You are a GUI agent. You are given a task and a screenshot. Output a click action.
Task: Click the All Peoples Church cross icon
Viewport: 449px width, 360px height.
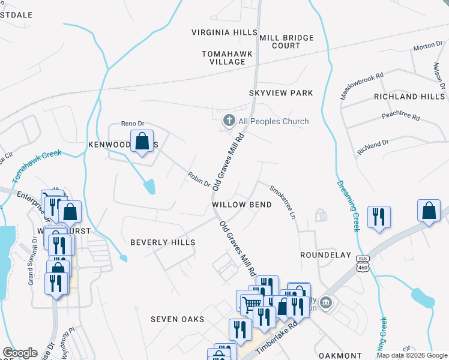click(x=228, y=121)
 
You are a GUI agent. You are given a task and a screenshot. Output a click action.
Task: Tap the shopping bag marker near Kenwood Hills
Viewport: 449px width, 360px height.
click(x=142, y=142)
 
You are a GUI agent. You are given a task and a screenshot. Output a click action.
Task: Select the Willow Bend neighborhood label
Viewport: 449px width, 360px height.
click(x=242, y=205)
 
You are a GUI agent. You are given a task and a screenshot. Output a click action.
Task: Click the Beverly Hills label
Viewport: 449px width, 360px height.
click(x=163, y=242)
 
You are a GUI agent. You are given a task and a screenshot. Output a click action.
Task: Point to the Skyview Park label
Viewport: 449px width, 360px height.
click(x=282, y=93)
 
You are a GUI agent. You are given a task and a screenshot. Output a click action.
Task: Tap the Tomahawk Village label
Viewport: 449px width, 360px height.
click(x=227, y=58)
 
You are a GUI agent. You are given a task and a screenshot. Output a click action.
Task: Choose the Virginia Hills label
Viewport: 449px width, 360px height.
click(x=224, y=32)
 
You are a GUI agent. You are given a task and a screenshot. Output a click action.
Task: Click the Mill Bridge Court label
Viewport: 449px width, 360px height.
click(x=286, y=41)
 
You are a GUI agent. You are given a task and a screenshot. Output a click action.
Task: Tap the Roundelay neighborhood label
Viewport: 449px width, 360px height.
click(x=325, y=255)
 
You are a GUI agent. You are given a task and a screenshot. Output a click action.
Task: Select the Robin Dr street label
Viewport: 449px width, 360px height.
click(x=198, y=179)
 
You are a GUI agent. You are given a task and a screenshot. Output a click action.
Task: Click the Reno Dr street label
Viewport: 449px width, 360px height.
click(x=133, y=123)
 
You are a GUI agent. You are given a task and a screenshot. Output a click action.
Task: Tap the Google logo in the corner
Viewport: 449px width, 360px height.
click(x=20, y=353)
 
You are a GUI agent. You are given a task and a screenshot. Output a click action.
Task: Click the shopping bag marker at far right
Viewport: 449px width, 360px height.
click(x=428, y=212)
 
